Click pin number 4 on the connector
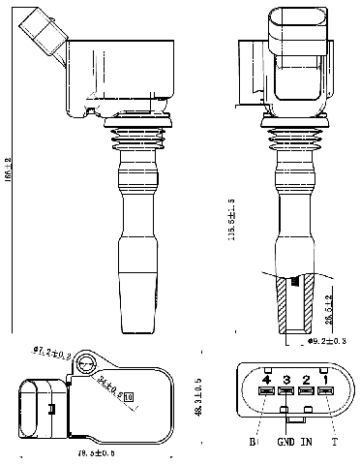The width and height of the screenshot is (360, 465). point(265,378)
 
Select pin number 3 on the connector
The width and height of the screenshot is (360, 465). point(285,378)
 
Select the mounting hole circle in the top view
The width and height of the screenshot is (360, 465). point(86,363)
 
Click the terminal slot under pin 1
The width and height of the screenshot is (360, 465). point(327,392)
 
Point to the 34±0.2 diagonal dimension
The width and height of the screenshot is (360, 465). point(106,387)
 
